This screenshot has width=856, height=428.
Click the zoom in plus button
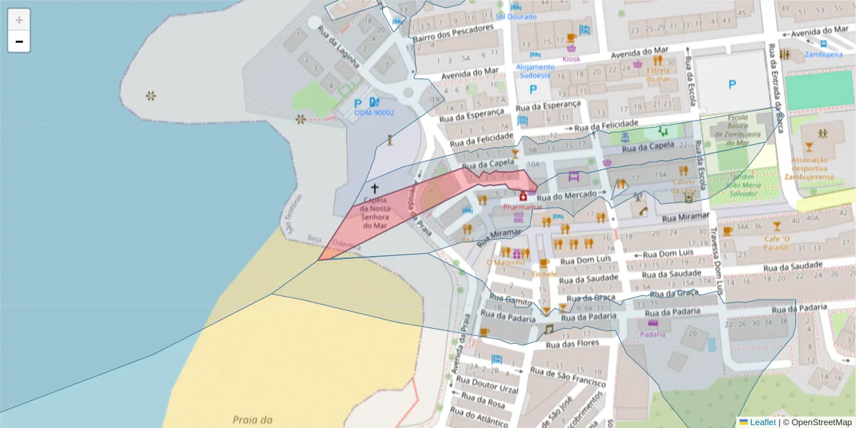pyautogui.click(x=19, y=19)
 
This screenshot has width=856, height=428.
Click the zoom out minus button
pyautogui.click(x=19, y=41)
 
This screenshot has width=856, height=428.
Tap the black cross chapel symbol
pyautogui.click(x=374, y=188)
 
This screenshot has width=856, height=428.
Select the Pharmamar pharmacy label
pyautogui.click(x=522, y=207)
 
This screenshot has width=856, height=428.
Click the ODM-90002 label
pyautogui.click(x=374, y=113)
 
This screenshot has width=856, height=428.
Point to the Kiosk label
pyautogui.click(x=571, y=59)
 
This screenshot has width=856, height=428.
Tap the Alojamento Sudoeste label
pyautogui.click(x=534, y=71)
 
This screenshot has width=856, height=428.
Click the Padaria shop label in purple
pyautogui.click(x=652, y=334)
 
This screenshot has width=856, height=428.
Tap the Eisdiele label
pyautogui.click(x=544, y=273)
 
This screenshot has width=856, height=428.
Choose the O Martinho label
pyautogui.click(x=505, y=263)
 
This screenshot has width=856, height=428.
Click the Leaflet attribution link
pyautogui.click(x=762, y=422)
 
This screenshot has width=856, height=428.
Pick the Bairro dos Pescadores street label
pyautogui.click(x=453, y=32)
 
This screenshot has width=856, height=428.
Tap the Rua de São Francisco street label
pyautogui.click(x=568, y=377)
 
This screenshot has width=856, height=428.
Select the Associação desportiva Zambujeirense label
pyautogui.click(x=809, y=168)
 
